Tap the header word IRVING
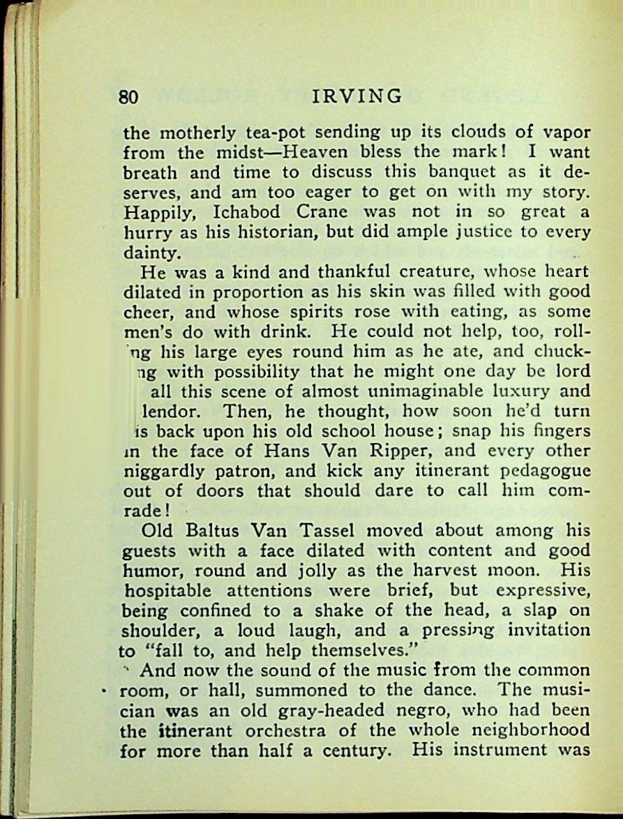pyautogui.click(x=357, y=96)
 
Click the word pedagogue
pyautogui.click(x=541, y=471)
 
